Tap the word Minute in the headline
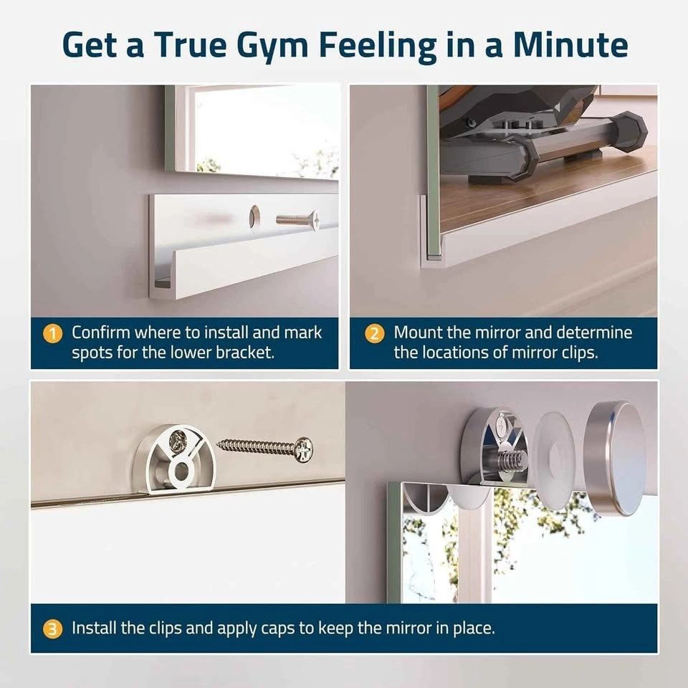[570, 44]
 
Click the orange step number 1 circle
[52, 334]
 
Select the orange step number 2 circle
[374, 334]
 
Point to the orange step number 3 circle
[52, 629]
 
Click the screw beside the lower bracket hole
[298, 219]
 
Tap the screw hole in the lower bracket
[254, 216]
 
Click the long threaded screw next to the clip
[266, 449]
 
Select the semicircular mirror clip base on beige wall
[174, 459]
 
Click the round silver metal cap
[616, 458]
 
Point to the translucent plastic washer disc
[554, 462]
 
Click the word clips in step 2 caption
[579, 353]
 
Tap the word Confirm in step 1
[100, 333]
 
